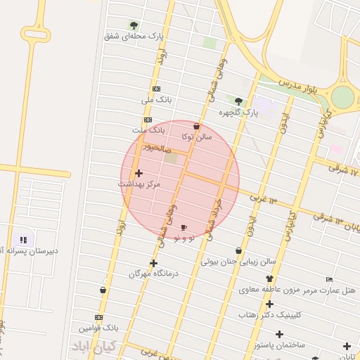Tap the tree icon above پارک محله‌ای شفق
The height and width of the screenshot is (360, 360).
click(134, 25)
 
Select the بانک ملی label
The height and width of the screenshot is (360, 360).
click(156, 100)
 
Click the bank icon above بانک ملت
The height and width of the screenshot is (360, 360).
click(148, 120)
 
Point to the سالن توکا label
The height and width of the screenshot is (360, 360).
click(196, 136)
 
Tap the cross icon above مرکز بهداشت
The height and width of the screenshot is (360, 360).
click(138, 173)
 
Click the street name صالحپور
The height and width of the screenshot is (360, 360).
click(156, 148)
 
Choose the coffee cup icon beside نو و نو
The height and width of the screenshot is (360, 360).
click(184, 228)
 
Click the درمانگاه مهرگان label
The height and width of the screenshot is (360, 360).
click(154, 273)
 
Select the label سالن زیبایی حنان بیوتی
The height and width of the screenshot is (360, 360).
click(239, 261)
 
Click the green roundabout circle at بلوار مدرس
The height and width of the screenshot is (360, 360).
click(343, 97)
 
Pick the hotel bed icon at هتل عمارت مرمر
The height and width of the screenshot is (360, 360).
click(329, 279)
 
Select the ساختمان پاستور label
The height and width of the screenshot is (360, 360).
click(281, 345)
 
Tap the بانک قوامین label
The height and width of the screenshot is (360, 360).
click(98, 328)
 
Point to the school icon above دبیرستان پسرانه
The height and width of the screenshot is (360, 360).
click(22, 239)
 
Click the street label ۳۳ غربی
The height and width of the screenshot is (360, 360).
click(264, 198)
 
